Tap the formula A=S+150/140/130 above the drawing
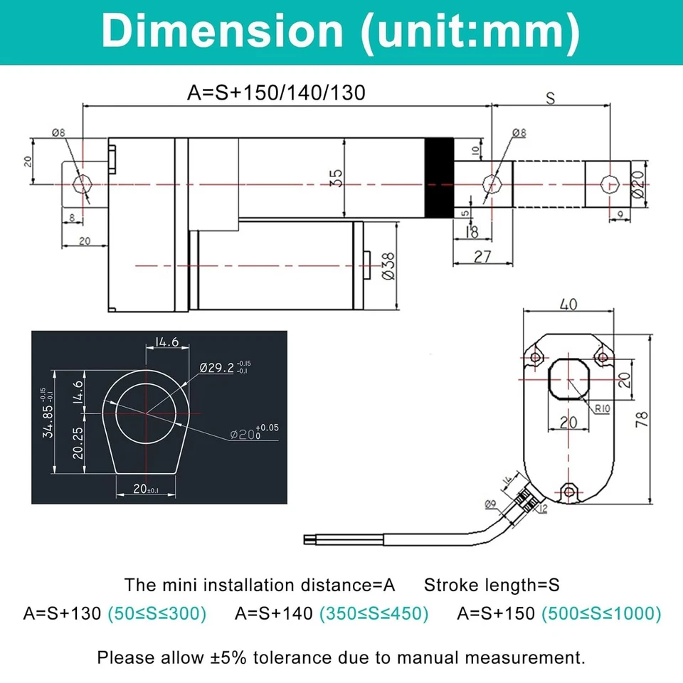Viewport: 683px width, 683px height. tap(276, 92)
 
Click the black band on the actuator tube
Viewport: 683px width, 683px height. tap(439, 178)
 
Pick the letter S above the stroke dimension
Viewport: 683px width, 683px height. tap(550, 99)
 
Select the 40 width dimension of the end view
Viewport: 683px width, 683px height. tap(568, 305)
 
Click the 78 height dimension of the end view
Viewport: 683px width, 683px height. tap(642, 420)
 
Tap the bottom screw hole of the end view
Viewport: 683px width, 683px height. tap(568, 491)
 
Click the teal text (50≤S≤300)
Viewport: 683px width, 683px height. tap(157, 613)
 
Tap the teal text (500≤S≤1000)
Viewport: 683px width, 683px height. tap(601, 613)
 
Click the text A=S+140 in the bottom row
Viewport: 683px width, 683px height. tap(274, 613)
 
